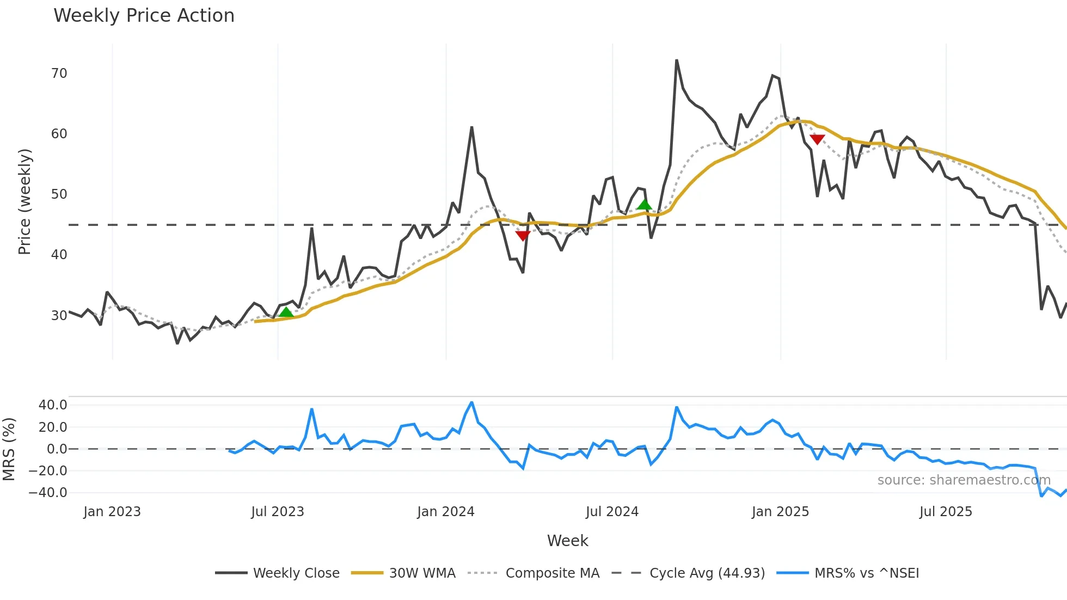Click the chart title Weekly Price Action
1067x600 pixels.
coord(144,16)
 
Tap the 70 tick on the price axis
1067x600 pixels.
coord(59,74)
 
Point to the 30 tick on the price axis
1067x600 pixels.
coord(59,315)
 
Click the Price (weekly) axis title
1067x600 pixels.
coord(24,201)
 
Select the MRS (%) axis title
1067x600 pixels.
coord(9,449)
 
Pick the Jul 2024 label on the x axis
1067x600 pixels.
coord(612,512)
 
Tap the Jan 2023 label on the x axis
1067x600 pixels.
coord(112,512)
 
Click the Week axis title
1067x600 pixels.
coord(567,541)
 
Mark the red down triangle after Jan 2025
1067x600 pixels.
coord(817,139)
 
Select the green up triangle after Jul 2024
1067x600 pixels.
coord(644,205)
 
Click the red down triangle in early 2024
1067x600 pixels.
coord(523,236)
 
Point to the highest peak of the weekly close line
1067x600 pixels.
coord(676,60)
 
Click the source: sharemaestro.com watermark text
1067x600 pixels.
coord(964,480)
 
